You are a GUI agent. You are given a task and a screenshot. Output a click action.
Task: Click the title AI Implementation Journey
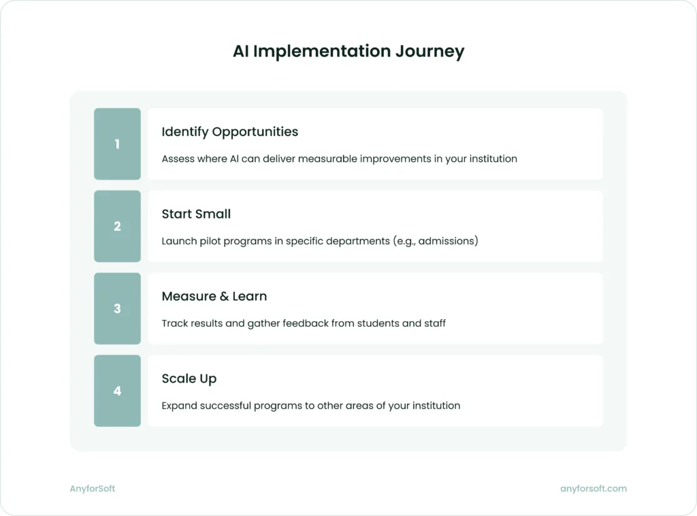348,52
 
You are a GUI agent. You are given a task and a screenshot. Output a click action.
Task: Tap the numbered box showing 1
117,144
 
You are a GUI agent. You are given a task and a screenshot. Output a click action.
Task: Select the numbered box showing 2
117,226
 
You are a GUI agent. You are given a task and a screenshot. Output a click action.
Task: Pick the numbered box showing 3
117,308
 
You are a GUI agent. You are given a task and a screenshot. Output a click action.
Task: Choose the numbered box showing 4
117,391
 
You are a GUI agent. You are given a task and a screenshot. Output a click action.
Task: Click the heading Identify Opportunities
229,131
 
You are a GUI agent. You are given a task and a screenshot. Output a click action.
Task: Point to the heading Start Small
196,214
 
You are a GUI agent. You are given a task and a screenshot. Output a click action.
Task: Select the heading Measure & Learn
214,296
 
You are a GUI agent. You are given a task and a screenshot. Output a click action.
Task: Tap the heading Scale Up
189,378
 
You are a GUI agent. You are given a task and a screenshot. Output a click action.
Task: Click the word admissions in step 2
446,241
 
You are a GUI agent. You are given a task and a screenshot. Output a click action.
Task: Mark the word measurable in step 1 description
327,159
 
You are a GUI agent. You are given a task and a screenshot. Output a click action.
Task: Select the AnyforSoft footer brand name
93,488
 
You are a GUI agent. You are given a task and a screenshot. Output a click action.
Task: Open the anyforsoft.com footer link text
593,488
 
